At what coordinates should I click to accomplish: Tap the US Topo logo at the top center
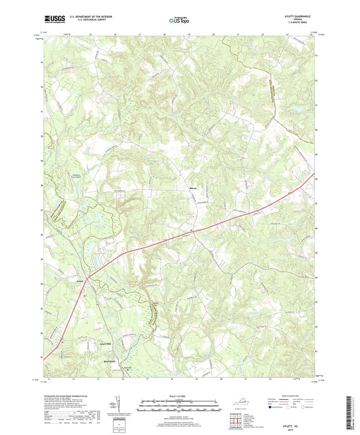coord(174,22)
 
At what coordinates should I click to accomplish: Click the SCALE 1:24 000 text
coord(180,396)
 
